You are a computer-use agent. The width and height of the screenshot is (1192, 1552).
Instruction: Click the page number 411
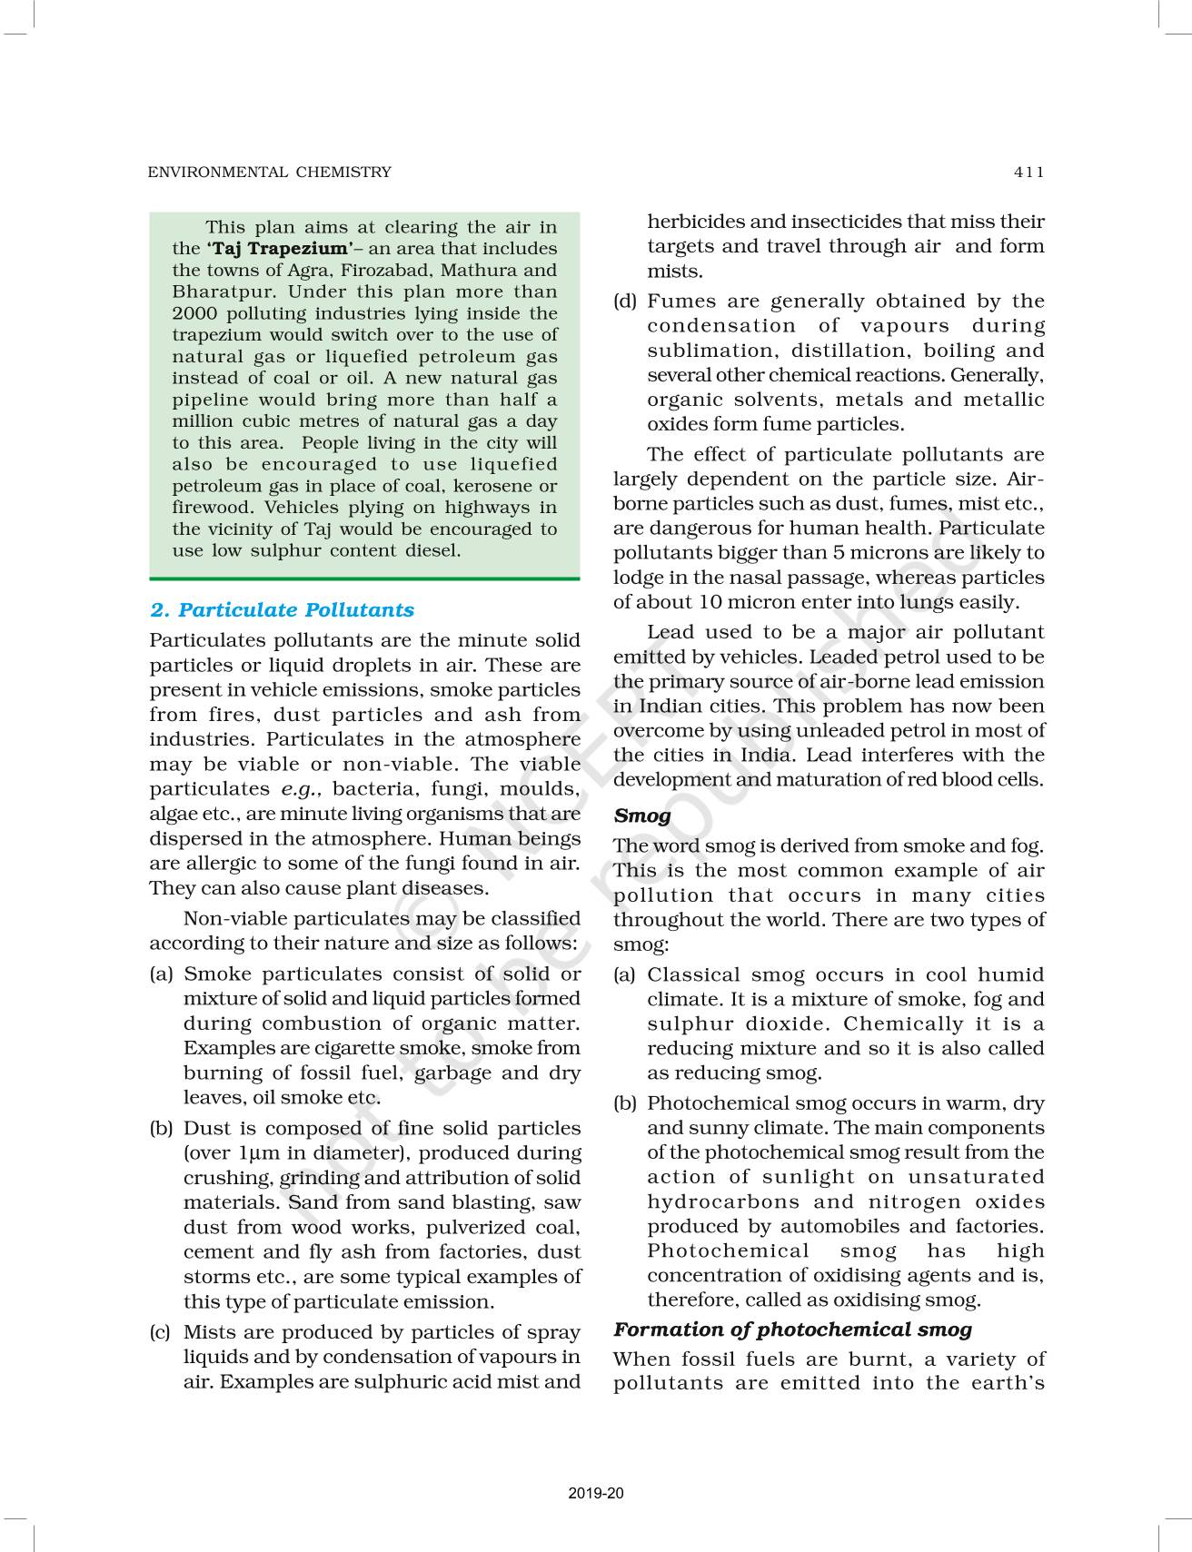pyautogui.click(x=1029, y=172)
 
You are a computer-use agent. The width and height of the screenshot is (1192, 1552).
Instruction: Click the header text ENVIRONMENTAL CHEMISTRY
pyautogui.click(x=270, y=172)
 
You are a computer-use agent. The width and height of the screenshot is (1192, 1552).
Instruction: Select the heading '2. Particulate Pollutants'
pyautogui.click(x=282, y=610)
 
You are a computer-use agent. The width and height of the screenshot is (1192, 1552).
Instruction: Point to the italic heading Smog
pyautogui.click(x=641, y=816)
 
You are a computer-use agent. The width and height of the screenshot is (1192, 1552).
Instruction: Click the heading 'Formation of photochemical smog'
pyautogui.click(x=792, y=1330)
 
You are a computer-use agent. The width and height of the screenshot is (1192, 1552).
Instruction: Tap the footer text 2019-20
pyautogui.click(x=596, y=1493)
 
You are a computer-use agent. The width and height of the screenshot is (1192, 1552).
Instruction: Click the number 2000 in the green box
pyautogui.click(x=194, y=313)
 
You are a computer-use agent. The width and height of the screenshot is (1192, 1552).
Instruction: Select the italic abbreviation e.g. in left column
pyautogui.click(x=301, y=789)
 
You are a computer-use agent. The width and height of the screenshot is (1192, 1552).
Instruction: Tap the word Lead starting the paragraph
pyautogui.click(x=670, y=632)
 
